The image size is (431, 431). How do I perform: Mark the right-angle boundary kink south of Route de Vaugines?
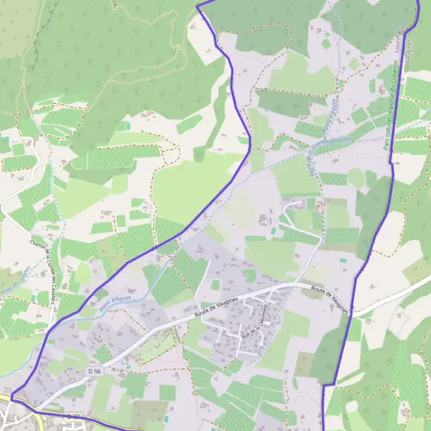[x=324, y=386]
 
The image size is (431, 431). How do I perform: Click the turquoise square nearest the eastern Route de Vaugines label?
[x=342, y=259]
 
